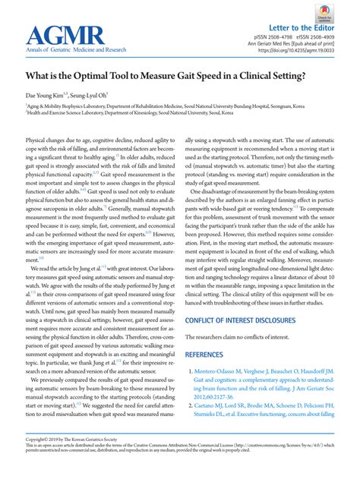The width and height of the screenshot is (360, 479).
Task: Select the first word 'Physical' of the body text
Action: coord(38,141)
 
